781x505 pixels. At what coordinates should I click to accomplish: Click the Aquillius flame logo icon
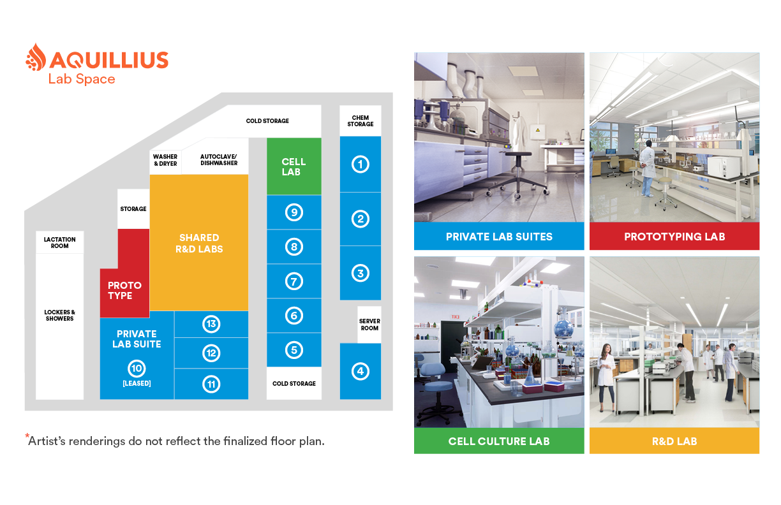[x=36, y=58]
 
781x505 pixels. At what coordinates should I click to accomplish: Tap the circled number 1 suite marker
[x=361, y=164]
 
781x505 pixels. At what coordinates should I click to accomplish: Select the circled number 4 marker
[x=361, y=371]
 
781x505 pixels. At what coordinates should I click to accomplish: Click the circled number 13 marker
[x=211, y=324]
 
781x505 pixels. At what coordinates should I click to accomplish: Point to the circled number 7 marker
[x=294, y=281]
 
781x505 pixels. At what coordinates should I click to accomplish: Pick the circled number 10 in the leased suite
[x=137, y=368]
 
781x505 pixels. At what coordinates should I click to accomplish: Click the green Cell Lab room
[x=294, y=166]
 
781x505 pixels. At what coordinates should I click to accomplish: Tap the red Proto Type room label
[x=124, y=290]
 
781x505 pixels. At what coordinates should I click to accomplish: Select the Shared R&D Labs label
[x=199, y=243]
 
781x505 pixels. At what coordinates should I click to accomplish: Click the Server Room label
[x=369, y=325]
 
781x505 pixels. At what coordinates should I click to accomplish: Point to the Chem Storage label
[x=361, y=121]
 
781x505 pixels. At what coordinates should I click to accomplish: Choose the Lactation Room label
[x=59, y=242]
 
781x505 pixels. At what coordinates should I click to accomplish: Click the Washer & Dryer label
[x=165, y=160]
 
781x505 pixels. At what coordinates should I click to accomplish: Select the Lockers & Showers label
[x=59, y=315]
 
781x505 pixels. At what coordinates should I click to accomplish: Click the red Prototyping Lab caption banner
[x=674, y=237]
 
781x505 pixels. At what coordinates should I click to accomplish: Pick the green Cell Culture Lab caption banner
[x=499, y=441]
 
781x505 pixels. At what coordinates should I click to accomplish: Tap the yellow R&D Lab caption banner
[x=674, y=441]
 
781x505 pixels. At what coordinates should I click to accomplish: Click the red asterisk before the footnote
[x=27, y=437]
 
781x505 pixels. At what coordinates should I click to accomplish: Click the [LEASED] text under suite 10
[x=137, y=383]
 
